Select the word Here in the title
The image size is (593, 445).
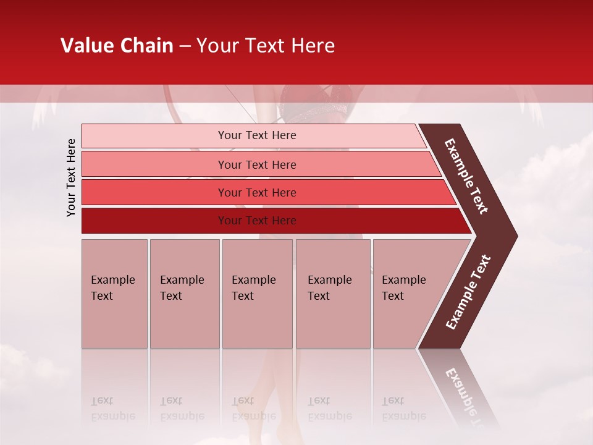coord(312,46)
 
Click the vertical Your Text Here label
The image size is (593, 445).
coord(71,177)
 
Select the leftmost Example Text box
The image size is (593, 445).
coord(114,294)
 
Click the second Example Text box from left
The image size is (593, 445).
coord(184,294)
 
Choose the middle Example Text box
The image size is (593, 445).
coord(257,294)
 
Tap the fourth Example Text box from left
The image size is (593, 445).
coord(332,294)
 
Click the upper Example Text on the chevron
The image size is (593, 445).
coord(466,176)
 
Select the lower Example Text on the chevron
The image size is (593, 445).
coord(468,292)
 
